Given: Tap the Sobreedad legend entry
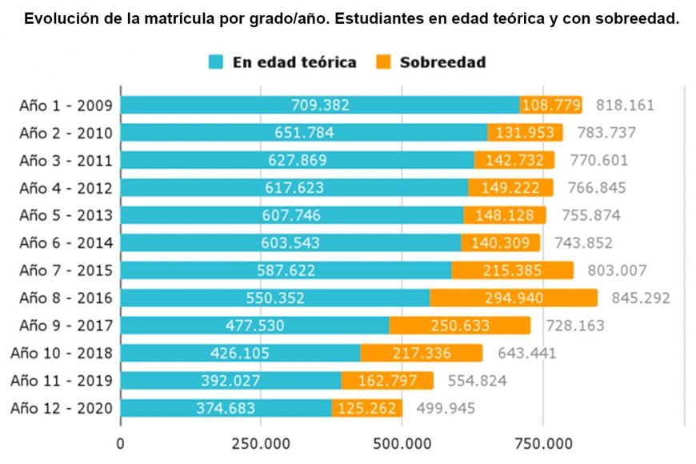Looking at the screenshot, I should [432, 62].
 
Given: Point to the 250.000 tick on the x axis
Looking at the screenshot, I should [261, 442].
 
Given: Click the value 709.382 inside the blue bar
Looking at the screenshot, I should [320, 106].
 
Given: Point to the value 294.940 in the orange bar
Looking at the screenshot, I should [514, 298].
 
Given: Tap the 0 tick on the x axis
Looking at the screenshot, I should [121, 442].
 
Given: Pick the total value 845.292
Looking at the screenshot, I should [640, 298].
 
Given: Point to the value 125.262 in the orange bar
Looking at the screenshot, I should [366, 408].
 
